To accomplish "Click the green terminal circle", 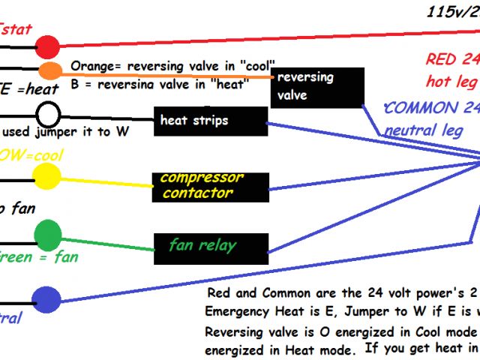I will (x=48, y=234).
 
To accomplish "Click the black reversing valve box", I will (x=317, y=87).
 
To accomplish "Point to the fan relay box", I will (x=211, y=247).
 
